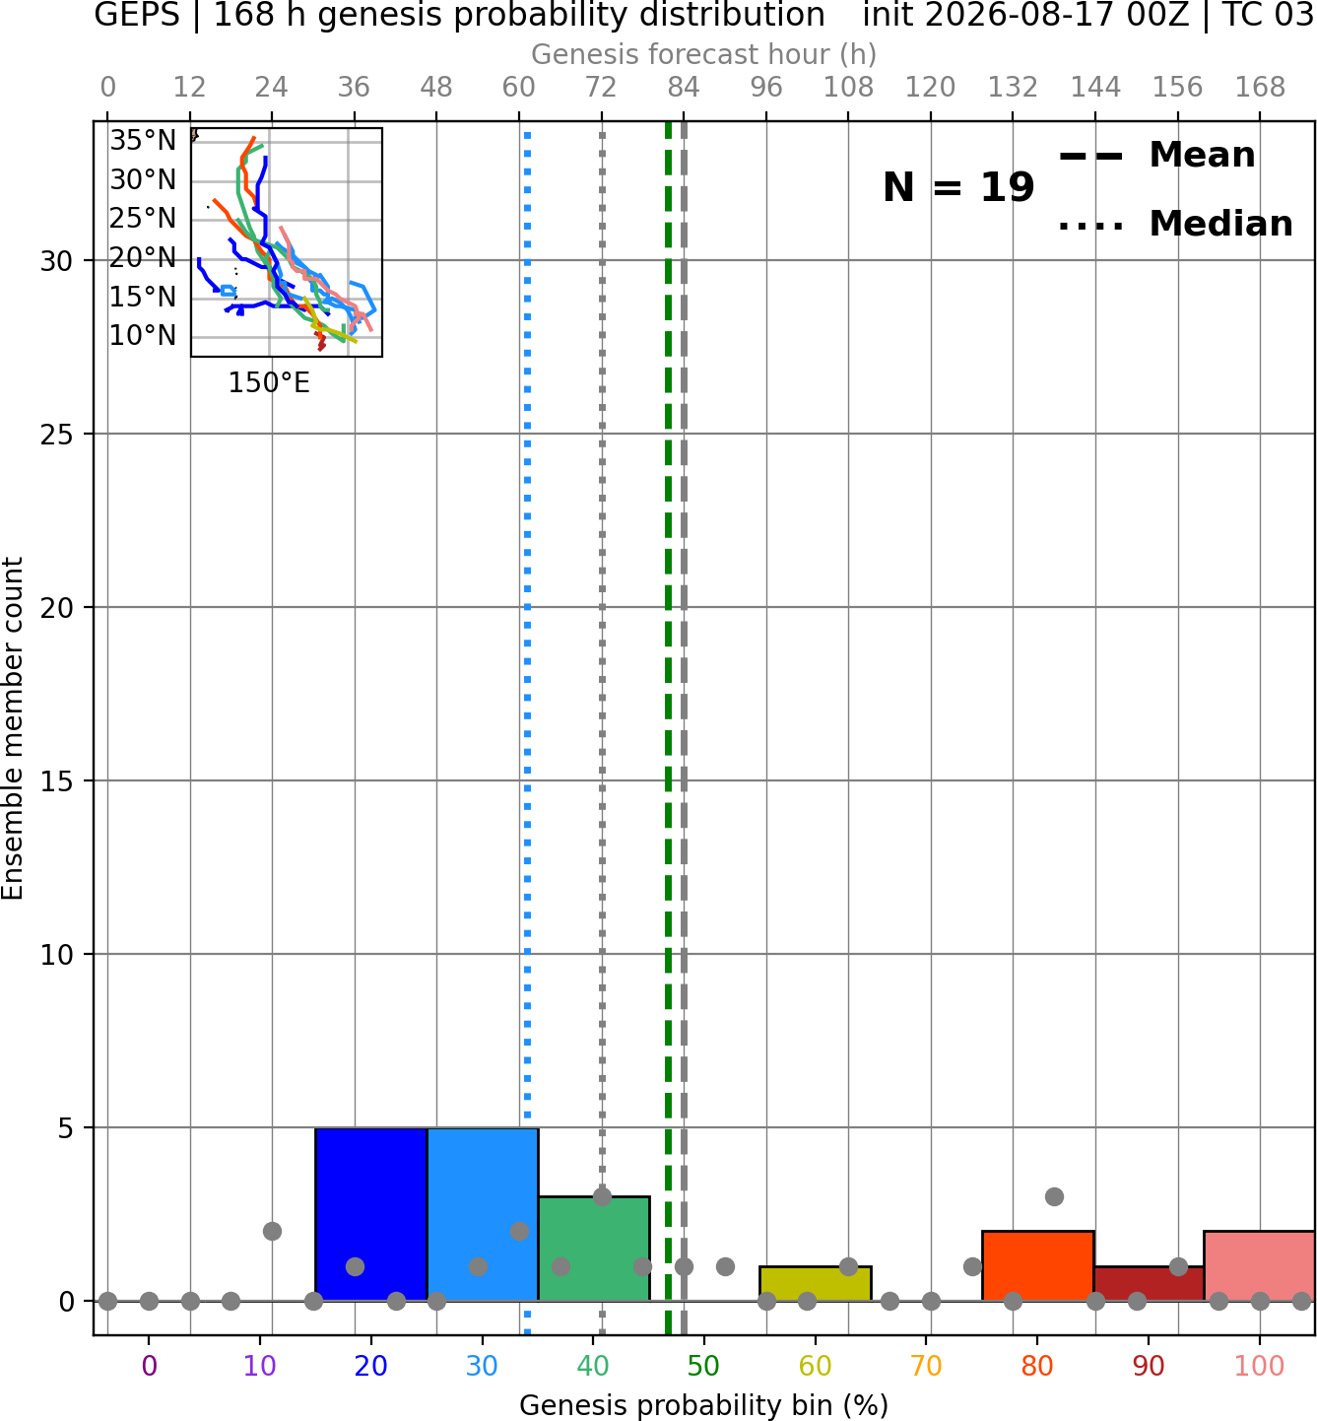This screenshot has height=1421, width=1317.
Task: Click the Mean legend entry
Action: tap(1157, 156)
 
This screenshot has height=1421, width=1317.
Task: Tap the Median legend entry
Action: tap(1176, 224)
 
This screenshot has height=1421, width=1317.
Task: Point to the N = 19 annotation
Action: tap(958, 187)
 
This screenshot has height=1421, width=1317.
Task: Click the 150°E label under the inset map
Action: tap(269, 383)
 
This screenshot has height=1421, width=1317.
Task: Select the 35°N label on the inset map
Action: tap(143, 141)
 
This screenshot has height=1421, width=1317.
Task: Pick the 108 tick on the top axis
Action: tap(848, 88)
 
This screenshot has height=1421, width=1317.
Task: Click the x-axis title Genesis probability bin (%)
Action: tap(704, 1405)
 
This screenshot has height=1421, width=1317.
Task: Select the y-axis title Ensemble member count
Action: tap(13, 728)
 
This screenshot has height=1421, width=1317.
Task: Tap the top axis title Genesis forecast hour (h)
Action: tap(704, 54)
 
